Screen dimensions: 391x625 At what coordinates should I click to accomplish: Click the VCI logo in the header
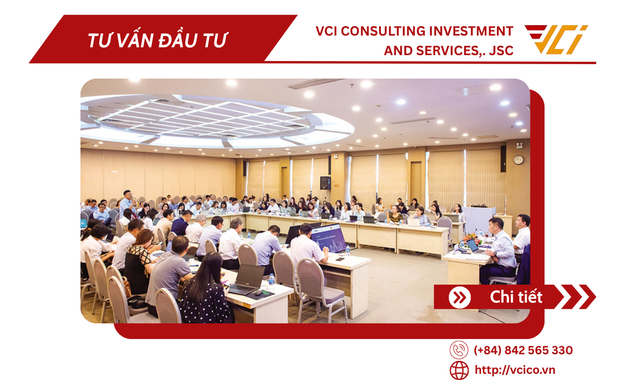556,40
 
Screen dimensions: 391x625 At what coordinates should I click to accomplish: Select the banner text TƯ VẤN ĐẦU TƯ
157,40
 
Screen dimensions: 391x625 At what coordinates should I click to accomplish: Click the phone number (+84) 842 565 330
523,350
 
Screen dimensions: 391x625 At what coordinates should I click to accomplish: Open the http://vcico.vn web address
515,370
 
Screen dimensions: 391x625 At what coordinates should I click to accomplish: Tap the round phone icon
459,350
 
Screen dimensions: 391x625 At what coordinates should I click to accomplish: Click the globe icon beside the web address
459,370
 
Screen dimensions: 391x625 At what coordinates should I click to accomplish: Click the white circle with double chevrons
459,298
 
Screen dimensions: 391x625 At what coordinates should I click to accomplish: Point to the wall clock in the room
518,160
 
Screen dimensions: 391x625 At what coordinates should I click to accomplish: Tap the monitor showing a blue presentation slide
328,237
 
